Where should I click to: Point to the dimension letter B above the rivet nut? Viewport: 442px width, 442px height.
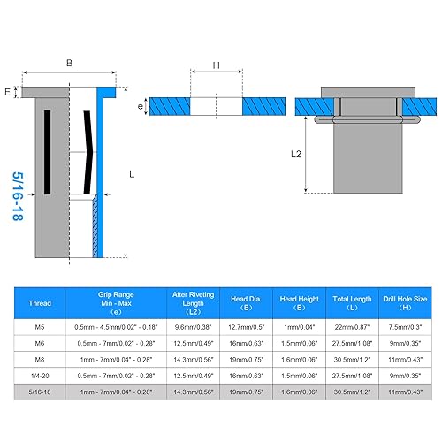[68, 63]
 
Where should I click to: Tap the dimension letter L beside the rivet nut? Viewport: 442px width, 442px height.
[132, 174]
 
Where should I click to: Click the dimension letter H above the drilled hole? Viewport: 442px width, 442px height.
[215, 65]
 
